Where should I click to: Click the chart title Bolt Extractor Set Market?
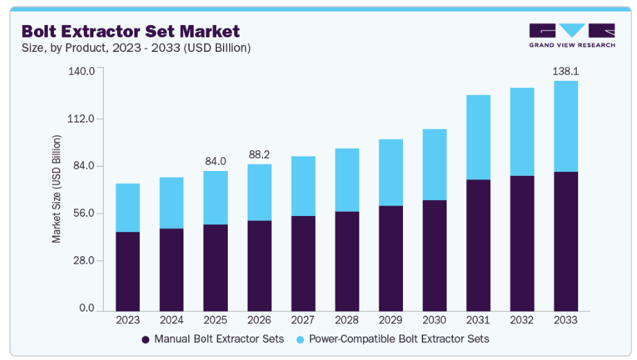[x=131, y=31]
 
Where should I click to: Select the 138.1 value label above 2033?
[x=566, y=71]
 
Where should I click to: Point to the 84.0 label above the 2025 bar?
[x=215, y=161]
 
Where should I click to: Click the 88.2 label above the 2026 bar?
[x=259, y=154]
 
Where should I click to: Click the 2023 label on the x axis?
[x=127, y=321]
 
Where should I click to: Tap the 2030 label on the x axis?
[x=434, y=321]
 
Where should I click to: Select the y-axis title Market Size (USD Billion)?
[x=57, y=188]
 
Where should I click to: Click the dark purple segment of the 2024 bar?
[x=171, y=269]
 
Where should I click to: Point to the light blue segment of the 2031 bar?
[x=478, y=137]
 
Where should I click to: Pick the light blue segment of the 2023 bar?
[x=127, y=208]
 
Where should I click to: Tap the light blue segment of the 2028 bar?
[x=346, y=180]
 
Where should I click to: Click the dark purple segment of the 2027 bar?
[x=303, y=263]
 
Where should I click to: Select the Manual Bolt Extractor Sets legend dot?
[x=145, y=339]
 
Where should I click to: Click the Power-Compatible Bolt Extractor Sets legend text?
[x=399, y=339]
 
